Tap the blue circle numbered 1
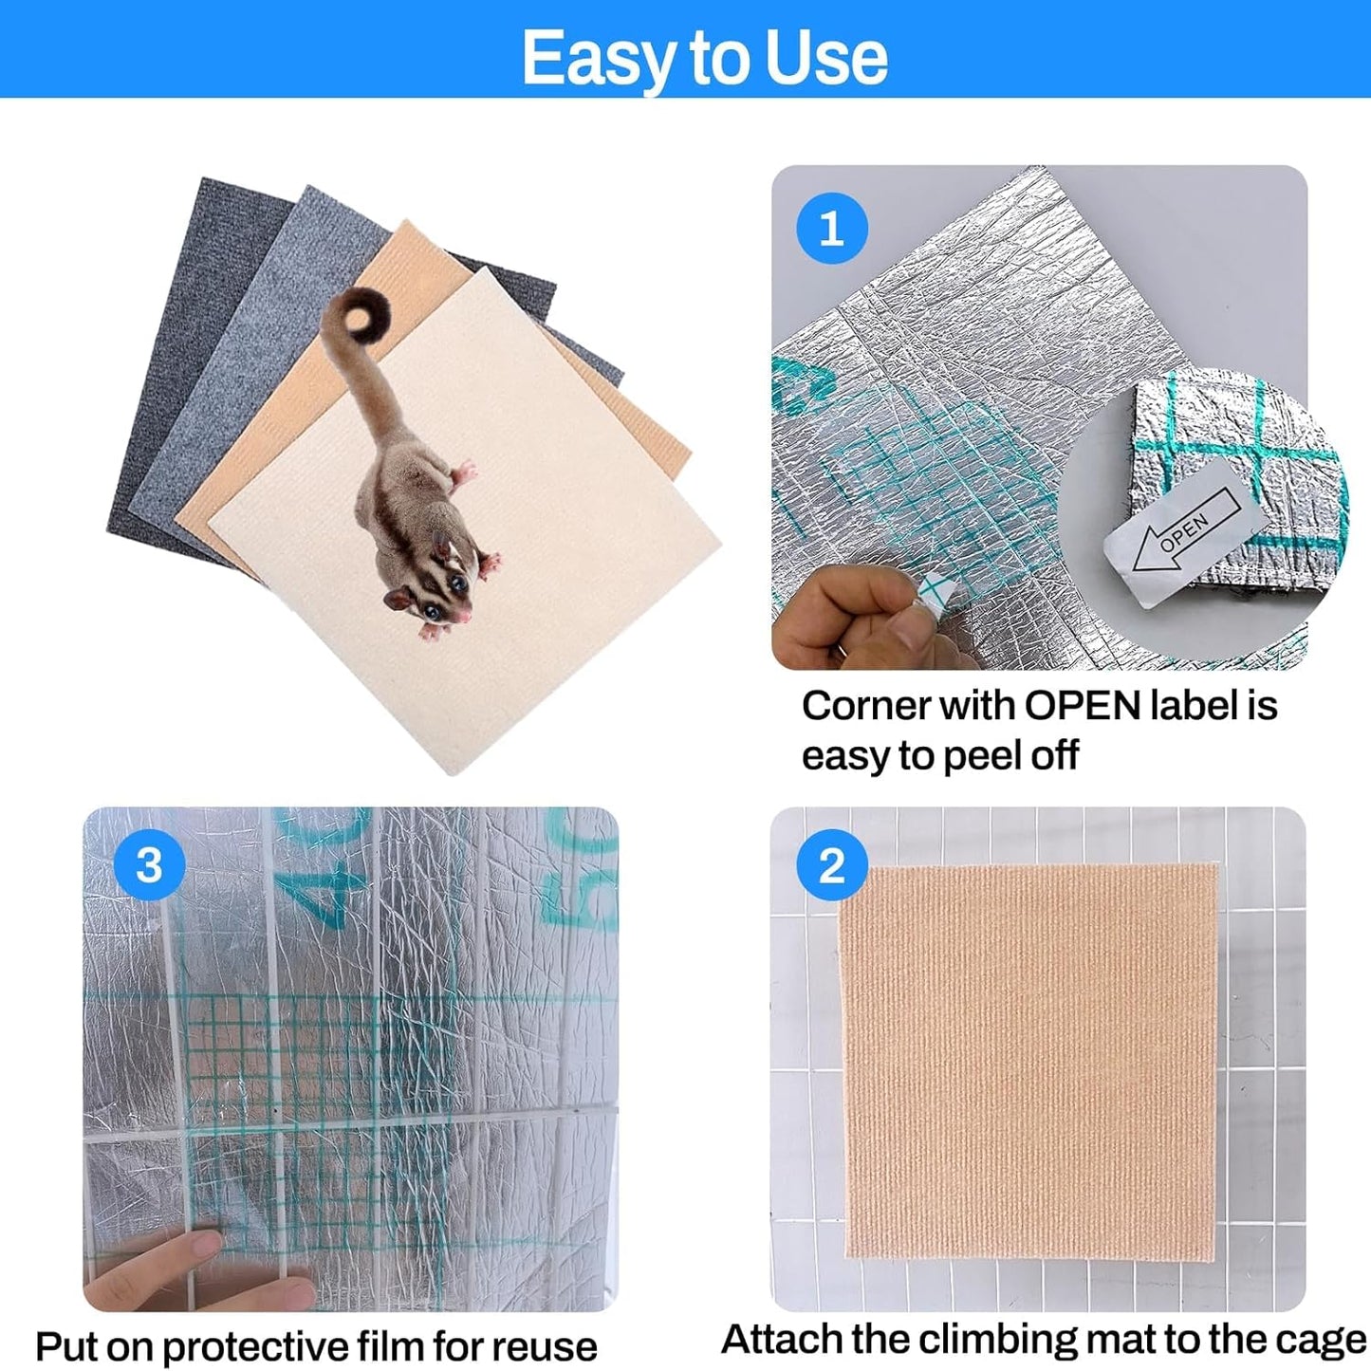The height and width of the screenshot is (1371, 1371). [x=831, y=229]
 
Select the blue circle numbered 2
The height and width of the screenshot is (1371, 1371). [x=831, y=865]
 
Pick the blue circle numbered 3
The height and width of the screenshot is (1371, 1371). [x=149, y=865]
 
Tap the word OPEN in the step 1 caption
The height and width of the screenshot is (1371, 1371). [x=1082, y=706]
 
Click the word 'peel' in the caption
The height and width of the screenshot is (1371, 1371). [x=981, y=756]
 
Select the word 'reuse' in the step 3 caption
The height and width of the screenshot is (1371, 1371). [x=544, y=1346]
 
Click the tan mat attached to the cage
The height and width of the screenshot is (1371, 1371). [x=1029, y=1063]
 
